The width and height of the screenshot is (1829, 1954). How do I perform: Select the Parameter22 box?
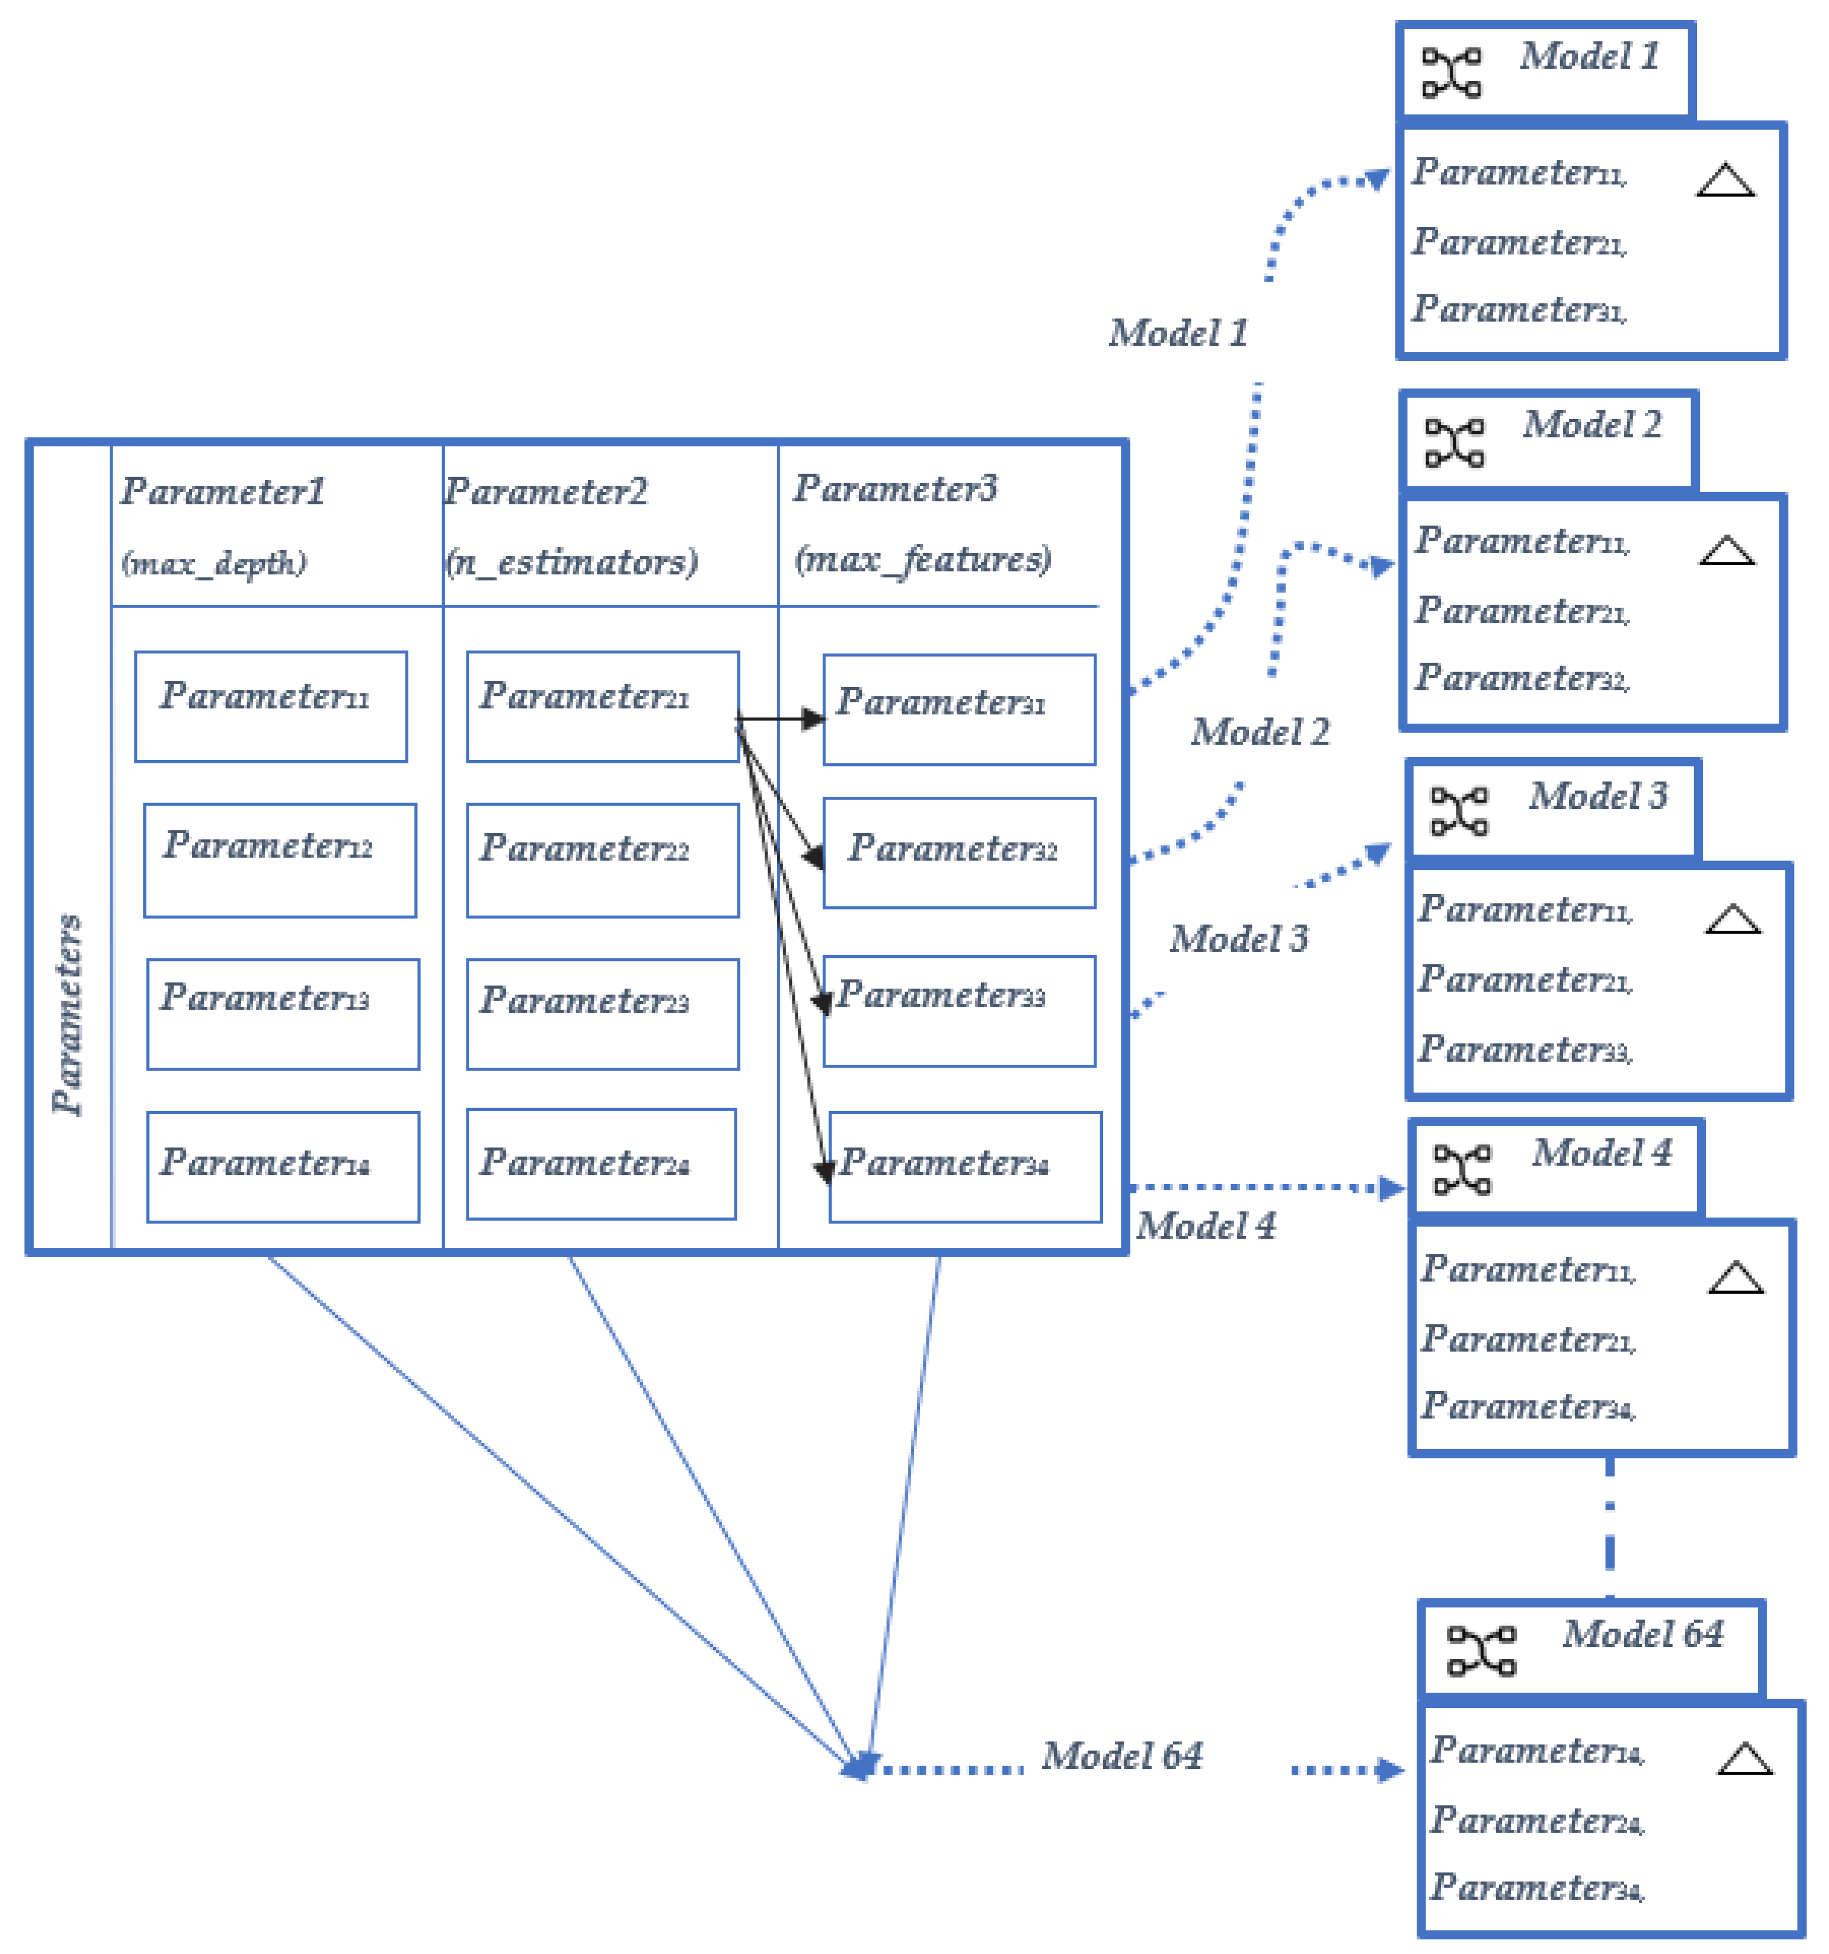click(602, 860)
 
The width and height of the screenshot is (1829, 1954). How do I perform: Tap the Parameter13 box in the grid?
click(283, 1014)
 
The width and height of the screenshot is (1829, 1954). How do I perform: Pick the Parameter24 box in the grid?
click(600, 1164)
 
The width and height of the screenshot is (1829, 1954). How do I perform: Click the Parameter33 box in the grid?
click(959, 1011)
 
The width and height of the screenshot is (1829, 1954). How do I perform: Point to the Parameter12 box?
click(280, 860)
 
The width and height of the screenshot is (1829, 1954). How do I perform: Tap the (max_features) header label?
click(923, 559)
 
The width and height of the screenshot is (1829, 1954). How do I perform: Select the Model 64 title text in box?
click(1643, 1634)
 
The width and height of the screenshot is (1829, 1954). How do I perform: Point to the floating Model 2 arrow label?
click(1260, 732)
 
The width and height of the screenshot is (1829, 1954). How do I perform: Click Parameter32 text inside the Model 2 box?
click(1521, 678)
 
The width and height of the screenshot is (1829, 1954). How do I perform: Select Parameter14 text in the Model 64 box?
click(1536, 1750)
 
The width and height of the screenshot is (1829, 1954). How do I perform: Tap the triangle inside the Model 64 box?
click(1745, 1760)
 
